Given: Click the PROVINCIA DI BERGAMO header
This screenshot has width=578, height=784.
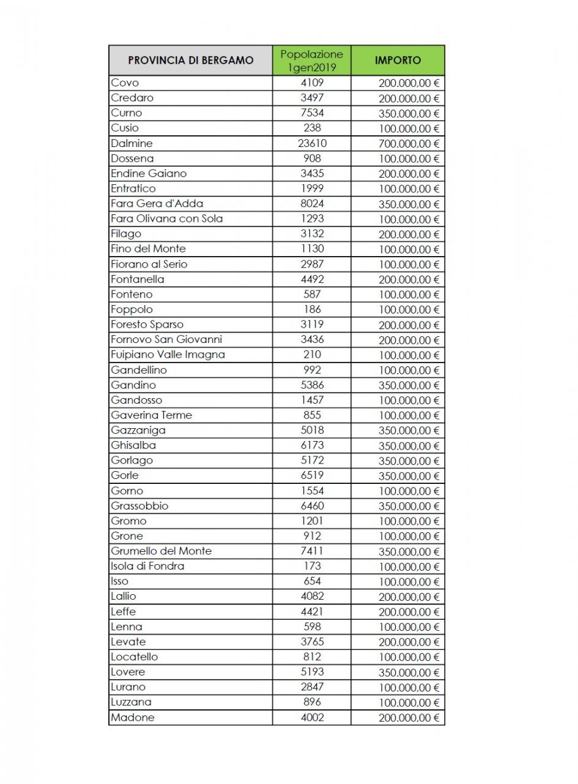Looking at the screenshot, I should coord(190,61).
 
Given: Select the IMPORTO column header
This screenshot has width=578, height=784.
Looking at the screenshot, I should coord(398,61).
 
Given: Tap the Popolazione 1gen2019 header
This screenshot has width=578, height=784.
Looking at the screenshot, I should coord(312,61).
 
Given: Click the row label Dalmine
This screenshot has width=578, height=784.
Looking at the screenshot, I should coord(132,143).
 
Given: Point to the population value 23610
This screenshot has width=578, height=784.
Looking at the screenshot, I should coord(312,143).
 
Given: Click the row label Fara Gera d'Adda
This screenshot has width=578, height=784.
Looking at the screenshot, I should coord(157,203).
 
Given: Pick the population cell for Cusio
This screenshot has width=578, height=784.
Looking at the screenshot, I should coord(312,128).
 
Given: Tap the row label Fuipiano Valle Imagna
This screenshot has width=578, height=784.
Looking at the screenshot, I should coord(168,355).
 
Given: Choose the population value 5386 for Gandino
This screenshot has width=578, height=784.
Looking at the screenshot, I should coord(312,385).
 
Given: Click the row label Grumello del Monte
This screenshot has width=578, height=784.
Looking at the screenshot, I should coord(161,551).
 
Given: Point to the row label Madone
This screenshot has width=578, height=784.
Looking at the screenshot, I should coord(133,718).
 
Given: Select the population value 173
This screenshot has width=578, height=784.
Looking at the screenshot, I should coord(312,566).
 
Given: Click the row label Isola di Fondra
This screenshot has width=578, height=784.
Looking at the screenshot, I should coord(147,566).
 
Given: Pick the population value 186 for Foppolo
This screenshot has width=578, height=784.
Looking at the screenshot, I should coord(312,309).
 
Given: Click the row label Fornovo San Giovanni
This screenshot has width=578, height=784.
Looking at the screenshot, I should coord(166,339).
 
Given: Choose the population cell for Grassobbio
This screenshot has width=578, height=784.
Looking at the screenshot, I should coord(312,506).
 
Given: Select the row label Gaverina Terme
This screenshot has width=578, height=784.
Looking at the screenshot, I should coord(152,415).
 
